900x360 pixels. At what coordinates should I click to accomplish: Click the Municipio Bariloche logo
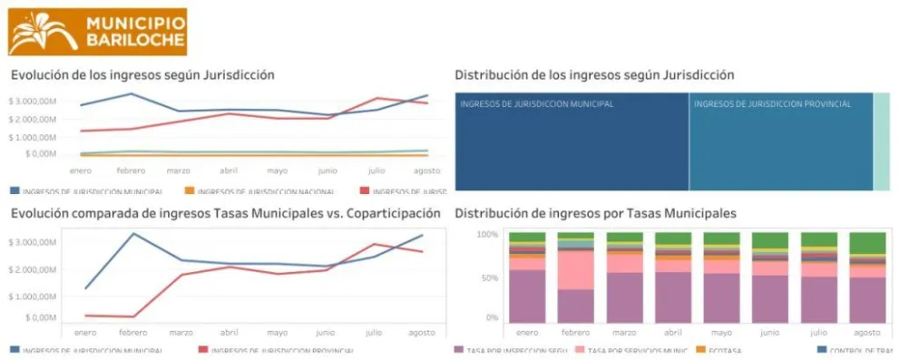pyautogui.click(x=98, y=32)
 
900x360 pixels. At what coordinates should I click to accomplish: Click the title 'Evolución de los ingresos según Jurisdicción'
pyautogui.click(x=142, y=75)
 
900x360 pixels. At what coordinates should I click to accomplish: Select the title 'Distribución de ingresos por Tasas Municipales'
pyautogui.click(x=595, y=213)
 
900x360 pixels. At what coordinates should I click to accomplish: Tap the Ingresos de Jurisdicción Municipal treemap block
pyautogui.click(x=572, y=141)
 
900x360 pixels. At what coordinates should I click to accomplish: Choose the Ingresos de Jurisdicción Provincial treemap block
pyautogui.click(x=780, y=141)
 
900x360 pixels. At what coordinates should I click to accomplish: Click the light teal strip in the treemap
pyautogui.click(x=882, y=141)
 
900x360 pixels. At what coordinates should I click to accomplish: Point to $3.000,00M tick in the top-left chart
pyautogui.click(x=33, y=101)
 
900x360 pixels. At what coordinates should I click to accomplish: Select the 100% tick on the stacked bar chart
pyautogui.click(x=487, y=235)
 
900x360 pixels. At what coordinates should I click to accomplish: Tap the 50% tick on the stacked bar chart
pyautogui.click(x=490, y=277)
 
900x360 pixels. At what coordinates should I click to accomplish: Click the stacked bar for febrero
pyautogui.click(x=575, y=277)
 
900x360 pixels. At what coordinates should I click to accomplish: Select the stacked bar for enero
pyautogui.click(x=527, y=277)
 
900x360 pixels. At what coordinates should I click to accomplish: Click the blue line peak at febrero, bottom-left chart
pyautogui.click(x=133, y=234)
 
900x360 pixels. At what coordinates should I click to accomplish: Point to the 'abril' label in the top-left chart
pyautogui.click(x=230, y=170)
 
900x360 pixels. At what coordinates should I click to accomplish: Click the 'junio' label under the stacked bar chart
pyautogui.click(x=769, y=333)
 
